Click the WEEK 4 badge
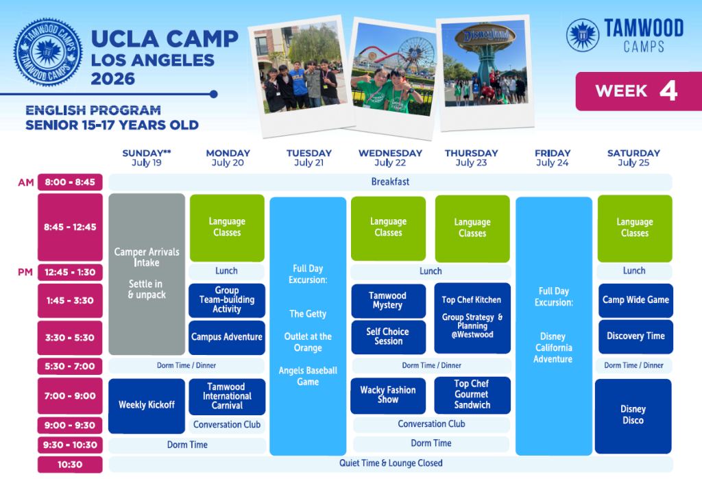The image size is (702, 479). click(639, 91)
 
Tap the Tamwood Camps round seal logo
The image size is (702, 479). click(48, 52)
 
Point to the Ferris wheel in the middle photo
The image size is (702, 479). click(416, 56)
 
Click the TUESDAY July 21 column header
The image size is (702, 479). click(309, 158)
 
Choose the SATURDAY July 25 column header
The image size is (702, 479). click(633, 158)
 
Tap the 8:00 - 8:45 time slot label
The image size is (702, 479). click(70, 182)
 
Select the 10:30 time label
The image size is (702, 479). click(70, 465)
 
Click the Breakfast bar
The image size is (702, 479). click(390, 182)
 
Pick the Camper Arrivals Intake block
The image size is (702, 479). click(147, 274)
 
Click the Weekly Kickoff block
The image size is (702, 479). click(147, 406)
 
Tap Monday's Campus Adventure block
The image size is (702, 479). click(227, 337)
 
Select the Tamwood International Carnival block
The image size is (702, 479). click(227, 396)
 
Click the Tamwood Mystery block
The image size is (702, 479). click(388, 300)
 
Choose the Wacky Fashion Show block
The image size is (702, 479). click(388, 395)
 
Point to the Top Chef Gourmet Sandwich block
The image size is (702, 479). click(472, 395)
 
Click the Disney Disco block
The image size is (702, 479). click(633, 416)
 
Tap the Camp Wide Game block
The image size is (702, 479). click(636, 300)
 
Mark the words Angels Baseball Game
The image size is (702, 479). click(308, 376)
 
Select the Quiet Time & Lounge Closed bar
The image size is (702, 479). click(390, 463)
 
